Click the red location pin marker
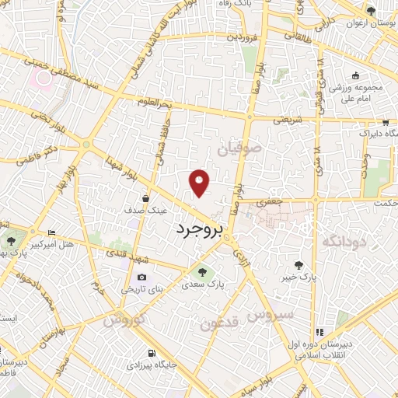pos(200,182)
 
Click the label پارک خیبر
pos(300,276)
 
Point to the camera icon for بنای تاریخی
pos(141,278)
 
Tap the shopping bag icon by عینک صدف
pos(145,199)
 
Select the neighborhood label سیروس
pos(269,316)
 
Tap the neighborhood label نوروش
pos(124,319)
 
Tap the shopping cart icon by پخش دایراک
pos(383,122)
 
